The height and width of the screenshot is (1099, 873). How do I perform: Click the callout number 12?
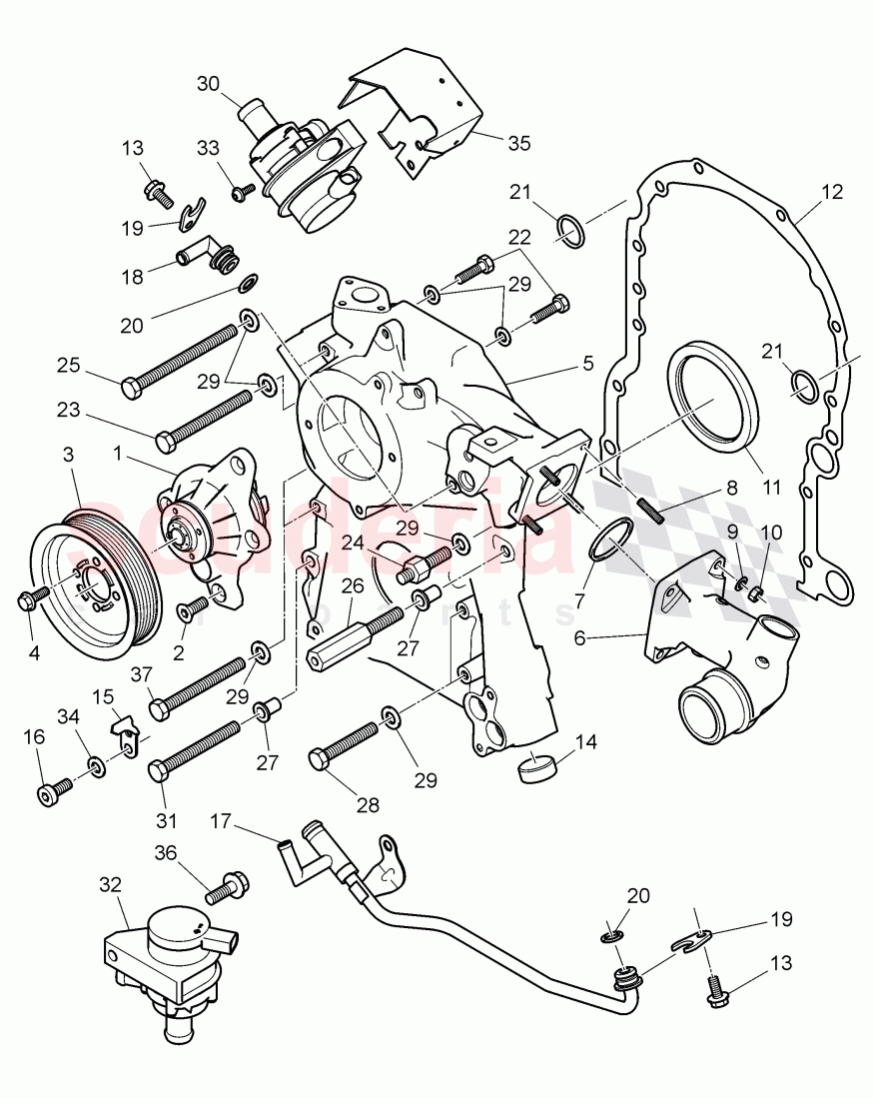[x=832, y=192]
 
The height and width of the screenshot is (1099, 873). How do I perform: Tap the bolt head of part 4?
[x=27, y=599]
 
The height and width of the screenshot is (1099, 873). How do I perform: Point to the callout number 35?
[x=518, y=143]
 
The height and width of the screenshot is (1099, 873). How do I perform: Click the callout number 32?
[x=110, y=884]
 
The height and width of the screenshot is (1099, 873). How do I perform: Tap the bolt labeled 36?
[x=230, y=884]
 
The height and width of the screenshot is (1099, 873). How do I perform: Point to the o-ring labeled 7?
[x=608, y=540]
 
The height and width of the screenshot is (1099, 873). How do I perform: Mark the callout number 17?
[x=222, y=821]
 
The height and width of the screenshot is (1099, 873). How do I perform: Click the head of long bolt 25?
[x=132, y=386]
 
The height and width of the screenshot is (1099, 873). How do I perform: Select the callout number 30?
[x=208, y=85]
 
